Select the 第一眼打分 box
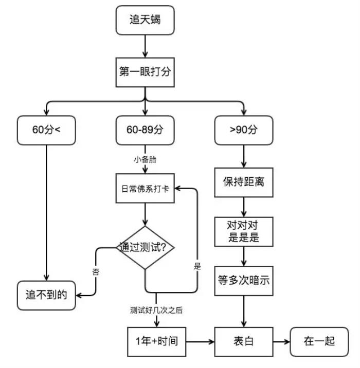point(145,72)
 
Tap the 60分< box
point(46,130)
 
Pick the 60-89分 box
point(145,130)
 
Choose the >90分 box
point(244,130)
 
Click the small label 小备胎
point(145,159)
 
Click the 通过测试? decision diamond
point(145,247)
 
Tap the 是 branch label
point(197,267)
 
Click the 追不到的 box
point(46,295)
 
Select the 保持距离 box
point(244,181)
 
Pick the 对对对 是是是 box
point(244,231)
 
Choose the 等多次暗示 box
point(244,281)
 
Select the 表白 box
point(244,341)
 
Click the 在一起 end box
point(319,341)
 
